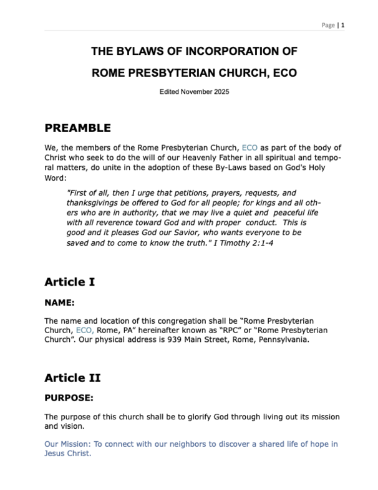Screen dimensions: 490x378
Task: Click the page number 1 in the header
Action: click(343, 25)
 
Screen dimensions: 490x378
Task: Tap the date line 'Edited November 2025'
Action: click(195, 92)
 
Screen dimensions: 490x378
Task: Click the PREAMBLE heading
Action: click(77, 128)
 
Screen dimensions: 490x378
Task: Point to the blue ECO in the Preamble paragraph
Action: click(249, 148)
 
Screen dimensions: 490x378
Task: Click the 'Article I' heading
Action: click(70, 282)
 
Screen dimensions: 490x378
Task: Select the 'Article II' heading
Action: click(72, 378)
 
